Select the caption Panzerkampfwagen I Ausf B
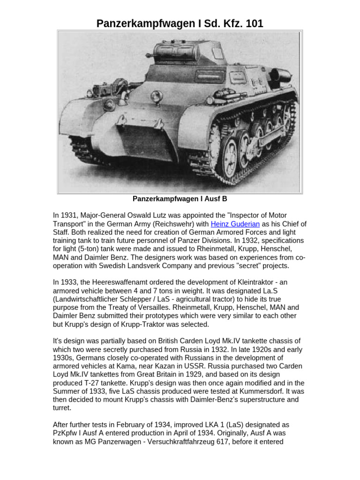tap(180, 199)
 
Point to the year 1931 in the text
tap(68, 215)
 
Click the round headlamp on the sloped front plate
tap(155, 99)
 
